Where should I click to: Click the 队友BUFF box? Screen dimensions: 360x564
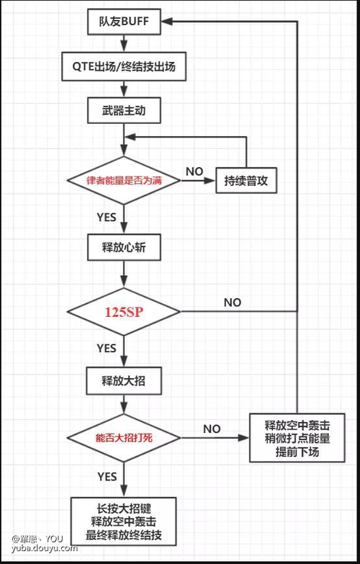124,21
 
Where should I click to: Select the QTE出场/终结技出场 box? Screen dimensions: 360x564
124,66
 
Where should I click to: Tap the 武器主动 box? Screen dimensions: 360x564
124,110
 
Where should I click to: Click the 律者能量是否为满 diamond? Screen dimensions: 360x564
124,180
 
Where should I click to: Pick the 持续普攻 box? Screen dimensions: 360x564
246,180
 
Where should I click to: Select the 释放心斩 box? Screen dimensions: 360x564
124,248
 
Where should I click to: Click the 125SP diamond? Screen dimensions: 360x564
124,311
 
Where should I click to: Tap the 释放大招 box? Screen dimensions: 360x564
124,381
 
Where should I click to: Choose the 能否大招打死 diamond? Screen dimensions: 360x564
124,438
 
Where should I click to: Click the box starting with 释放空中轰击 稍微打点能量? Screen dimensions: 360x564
297,438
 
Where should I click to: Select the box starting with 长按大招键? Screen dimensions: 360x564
123,522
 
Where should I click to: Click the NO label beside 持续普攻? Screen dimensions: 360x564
194,171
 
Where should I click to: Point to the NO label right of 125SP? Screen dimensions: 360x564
233,303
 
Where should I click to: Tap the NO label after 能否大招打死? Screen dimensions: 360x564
212,429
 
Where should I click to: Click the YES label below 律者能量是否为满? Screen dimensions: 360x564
107,218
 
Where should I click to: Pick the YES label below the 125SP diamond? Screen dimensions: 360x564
107,348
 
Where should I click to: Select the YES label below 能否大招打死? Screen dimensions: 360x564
107,477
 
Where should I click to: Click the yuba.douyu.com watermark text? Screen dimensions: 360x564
45,549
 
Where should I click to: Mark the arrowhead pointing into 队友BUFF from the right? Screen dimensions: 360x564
167,22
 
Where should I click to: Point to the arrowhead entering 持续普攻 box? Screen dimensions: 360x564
210,180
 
